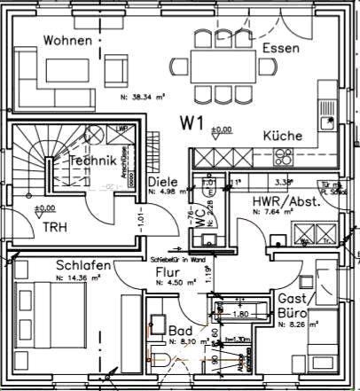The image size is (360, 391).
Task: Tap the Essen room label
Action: pos(282,47)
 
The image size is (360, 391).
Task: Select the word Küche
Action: pos(282,136)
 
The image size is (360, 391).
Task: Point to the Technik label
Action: pos(93,161)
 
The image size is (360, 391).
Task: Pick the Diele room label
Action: pos(163,183)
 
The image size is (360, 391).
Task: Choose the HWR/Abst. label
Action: pos(286,201)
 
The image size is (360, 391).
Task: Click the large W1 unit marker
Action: pos(194,120)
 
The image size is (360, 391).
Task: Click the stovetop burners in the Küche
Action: pos(284,158)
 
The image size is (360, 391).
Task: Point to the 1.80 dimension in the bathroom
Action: pos(239,313)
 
